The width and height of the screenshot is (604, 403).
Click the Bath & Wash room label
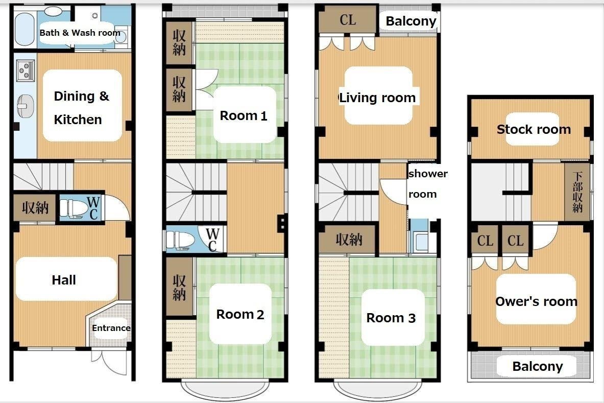pyautogui.click(x=80, y=33)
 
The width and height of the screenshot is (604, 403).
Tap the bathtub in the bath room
pyautogui.click(x=25, y=29)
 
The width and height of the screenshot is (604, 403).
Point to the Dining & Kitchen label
pyautogui.click(x=82, y=107)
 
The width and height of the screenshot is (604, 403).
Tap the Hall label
pyautogui.click(x=64, y=280)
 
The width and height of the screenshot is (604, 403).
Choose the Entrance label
pyautogui.click(x=111, y=328)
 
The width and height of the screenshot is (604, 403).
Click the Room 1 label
pyautogui.click(x=244, y=115)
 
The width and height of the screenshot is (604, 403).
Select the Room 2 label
pyautogui.click(x=240, y=314)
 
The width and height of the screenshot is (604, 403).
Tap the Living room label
pyautogui.click(x=377, y=98)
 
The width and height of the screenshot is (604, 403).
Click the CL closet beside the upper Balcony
pyautogui.click(x=348, y=19)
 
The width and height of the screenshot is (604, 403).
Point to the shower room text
pyautogui.click(x=428, y=184)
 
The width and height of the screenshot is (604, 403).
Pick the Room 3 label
pyautogui.click(x=391, y=318)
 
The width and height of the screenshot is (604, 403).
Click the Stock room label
pyautogui.click(x=534, y=129)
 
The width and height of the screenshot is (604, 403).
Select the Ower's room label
pyautogui.click(x=536, y=301)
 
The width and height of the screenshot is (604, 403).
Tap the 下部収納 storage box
pyautogui.click(x=577, y=192)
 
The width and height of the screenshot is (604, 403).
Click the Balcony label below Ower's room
pyautogui.click(x=538, y=366)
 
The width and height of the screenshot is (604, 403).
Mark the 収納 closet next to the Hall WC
pyautogui.click(x=35, y=208)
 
